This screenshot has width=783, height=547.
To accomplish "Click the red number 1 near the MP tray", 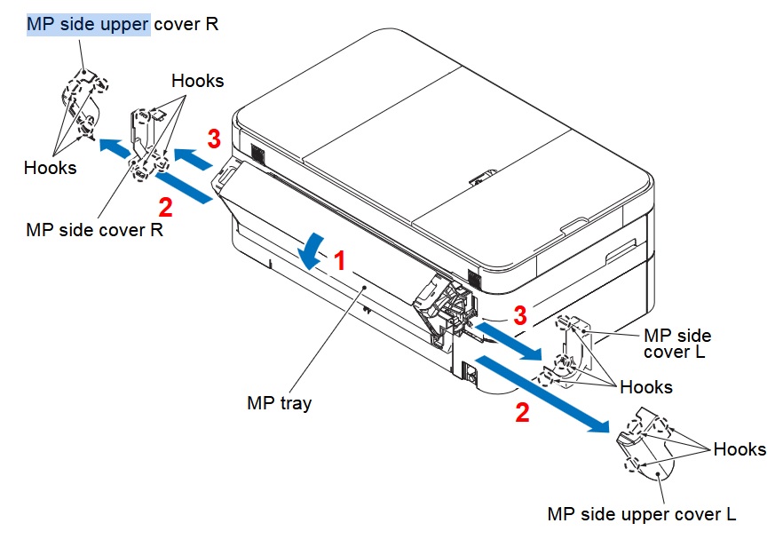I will click(338, 261).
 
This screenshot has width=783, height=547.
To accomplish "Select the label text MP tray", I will click(279, 403).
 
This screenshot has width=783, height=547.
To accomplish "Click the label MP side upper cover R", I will click(123, 24).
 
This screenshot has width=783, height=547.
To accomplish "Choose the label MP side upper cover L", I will click(642, 514).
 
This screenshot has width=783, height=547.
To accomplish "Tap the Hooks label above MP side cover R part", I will click(198, 81).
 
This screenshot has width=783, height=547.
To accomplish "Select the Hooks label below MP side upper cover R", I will click(50, 167).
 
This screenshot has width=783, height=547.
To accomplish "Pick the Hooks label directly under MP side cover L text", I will click(646, 387).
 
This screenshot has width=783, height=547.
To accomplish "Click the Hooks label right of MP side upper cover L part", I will click(739, 449).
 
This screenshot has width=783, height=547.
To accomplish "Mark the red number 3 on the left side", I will click(213, 139).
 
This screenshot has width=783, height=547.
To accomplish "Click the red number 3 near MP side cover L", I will click(521, 314).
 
